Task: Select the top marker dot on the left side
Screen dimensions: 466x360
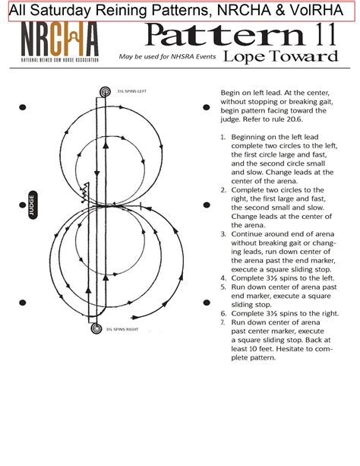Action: tap(23, 106)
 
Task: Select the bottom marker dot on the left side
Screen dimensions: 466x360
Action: tap(23, 305)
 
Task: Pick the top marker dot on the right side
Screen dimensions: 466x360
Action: tap(206, 106)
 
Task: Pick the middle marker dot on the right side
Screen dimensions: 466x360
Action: tap(206, 205)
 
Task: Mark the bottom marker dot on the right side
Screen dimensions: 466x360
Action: tap(206, 305)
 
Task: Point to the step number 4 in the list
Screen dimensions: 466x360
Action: tap(223, 277)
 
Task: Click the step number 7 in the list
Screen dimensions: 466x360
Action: tap(223, 322)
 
